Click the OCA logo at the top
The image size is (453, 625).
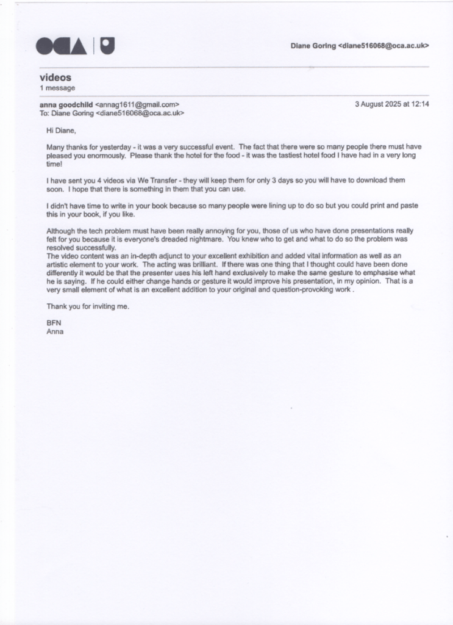click(x=76, y=45)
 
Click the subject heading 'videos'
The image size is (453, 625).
click(x=55, y=78)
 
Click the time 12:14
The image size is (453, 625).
click(x=419, y=104)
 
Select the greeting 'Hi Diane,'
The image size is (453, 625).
click(x=62, y=130)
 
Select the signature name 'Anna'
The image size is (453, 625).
click(x=55, y=332)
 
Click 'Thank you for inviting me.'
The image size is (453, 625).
click(x=88, y=306)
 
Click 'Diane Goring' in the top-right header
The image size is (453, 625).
click(x=313, y=46)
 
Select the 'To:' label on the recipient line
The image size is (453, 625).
click(x=44, y=114)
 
